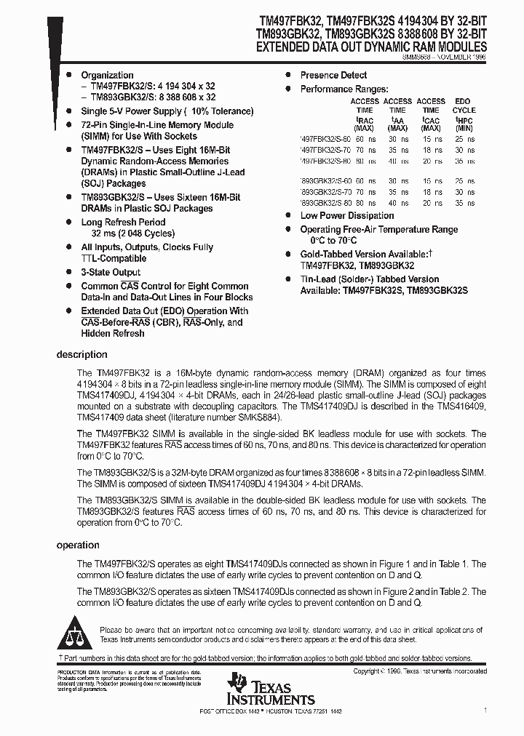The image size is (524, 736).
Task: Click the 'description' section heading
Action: pos(82,355)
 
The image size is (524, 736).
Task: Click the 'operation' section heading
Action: pos(78,545)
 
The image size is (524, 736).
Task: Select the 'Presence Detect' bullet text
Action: pos(333,75)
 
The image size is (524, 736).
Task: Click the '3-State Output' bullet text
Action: pos(111,273)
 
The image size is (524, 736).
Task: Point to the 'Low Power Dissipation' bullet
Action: pos(347,216)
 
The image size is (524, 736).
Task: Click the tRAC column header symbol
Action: pos(364,119)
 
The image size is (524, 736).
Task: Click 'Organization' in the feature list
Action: pos(107,75)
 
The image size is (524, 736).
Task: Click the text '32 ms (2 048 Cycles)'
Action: pos(133,233)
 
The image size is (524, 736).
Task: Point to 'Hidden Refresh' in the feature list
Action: pos(113,333)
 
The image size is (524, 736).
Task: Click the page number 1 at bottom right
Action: pos(485,709)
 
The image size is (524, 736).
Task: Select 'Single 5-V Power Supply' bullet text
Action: pos(130,111)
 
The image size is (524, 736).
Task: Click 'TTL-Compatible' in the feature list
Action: pos(114,258)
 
